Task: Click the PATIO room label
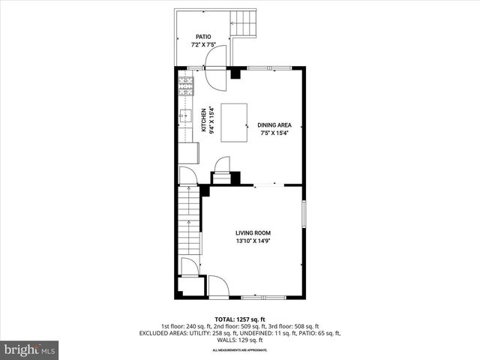click(203, 36)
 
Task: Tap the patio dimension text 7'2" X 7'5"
click(203, 44)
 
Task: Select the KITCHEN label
click(203, 120)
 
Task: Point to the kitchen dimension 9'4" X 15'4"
click(212, 120)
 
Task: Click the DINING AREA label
click(274, 125)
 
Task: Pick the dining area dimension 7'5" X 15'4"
click(274, 133)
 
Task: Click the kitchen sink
click(184, 116)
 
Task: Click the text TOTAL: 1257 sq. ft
click(240, 319)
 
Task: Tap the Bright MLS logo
click(30, 349)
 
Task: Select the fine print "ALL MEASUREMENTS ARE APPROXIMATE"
click(240, 350)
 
